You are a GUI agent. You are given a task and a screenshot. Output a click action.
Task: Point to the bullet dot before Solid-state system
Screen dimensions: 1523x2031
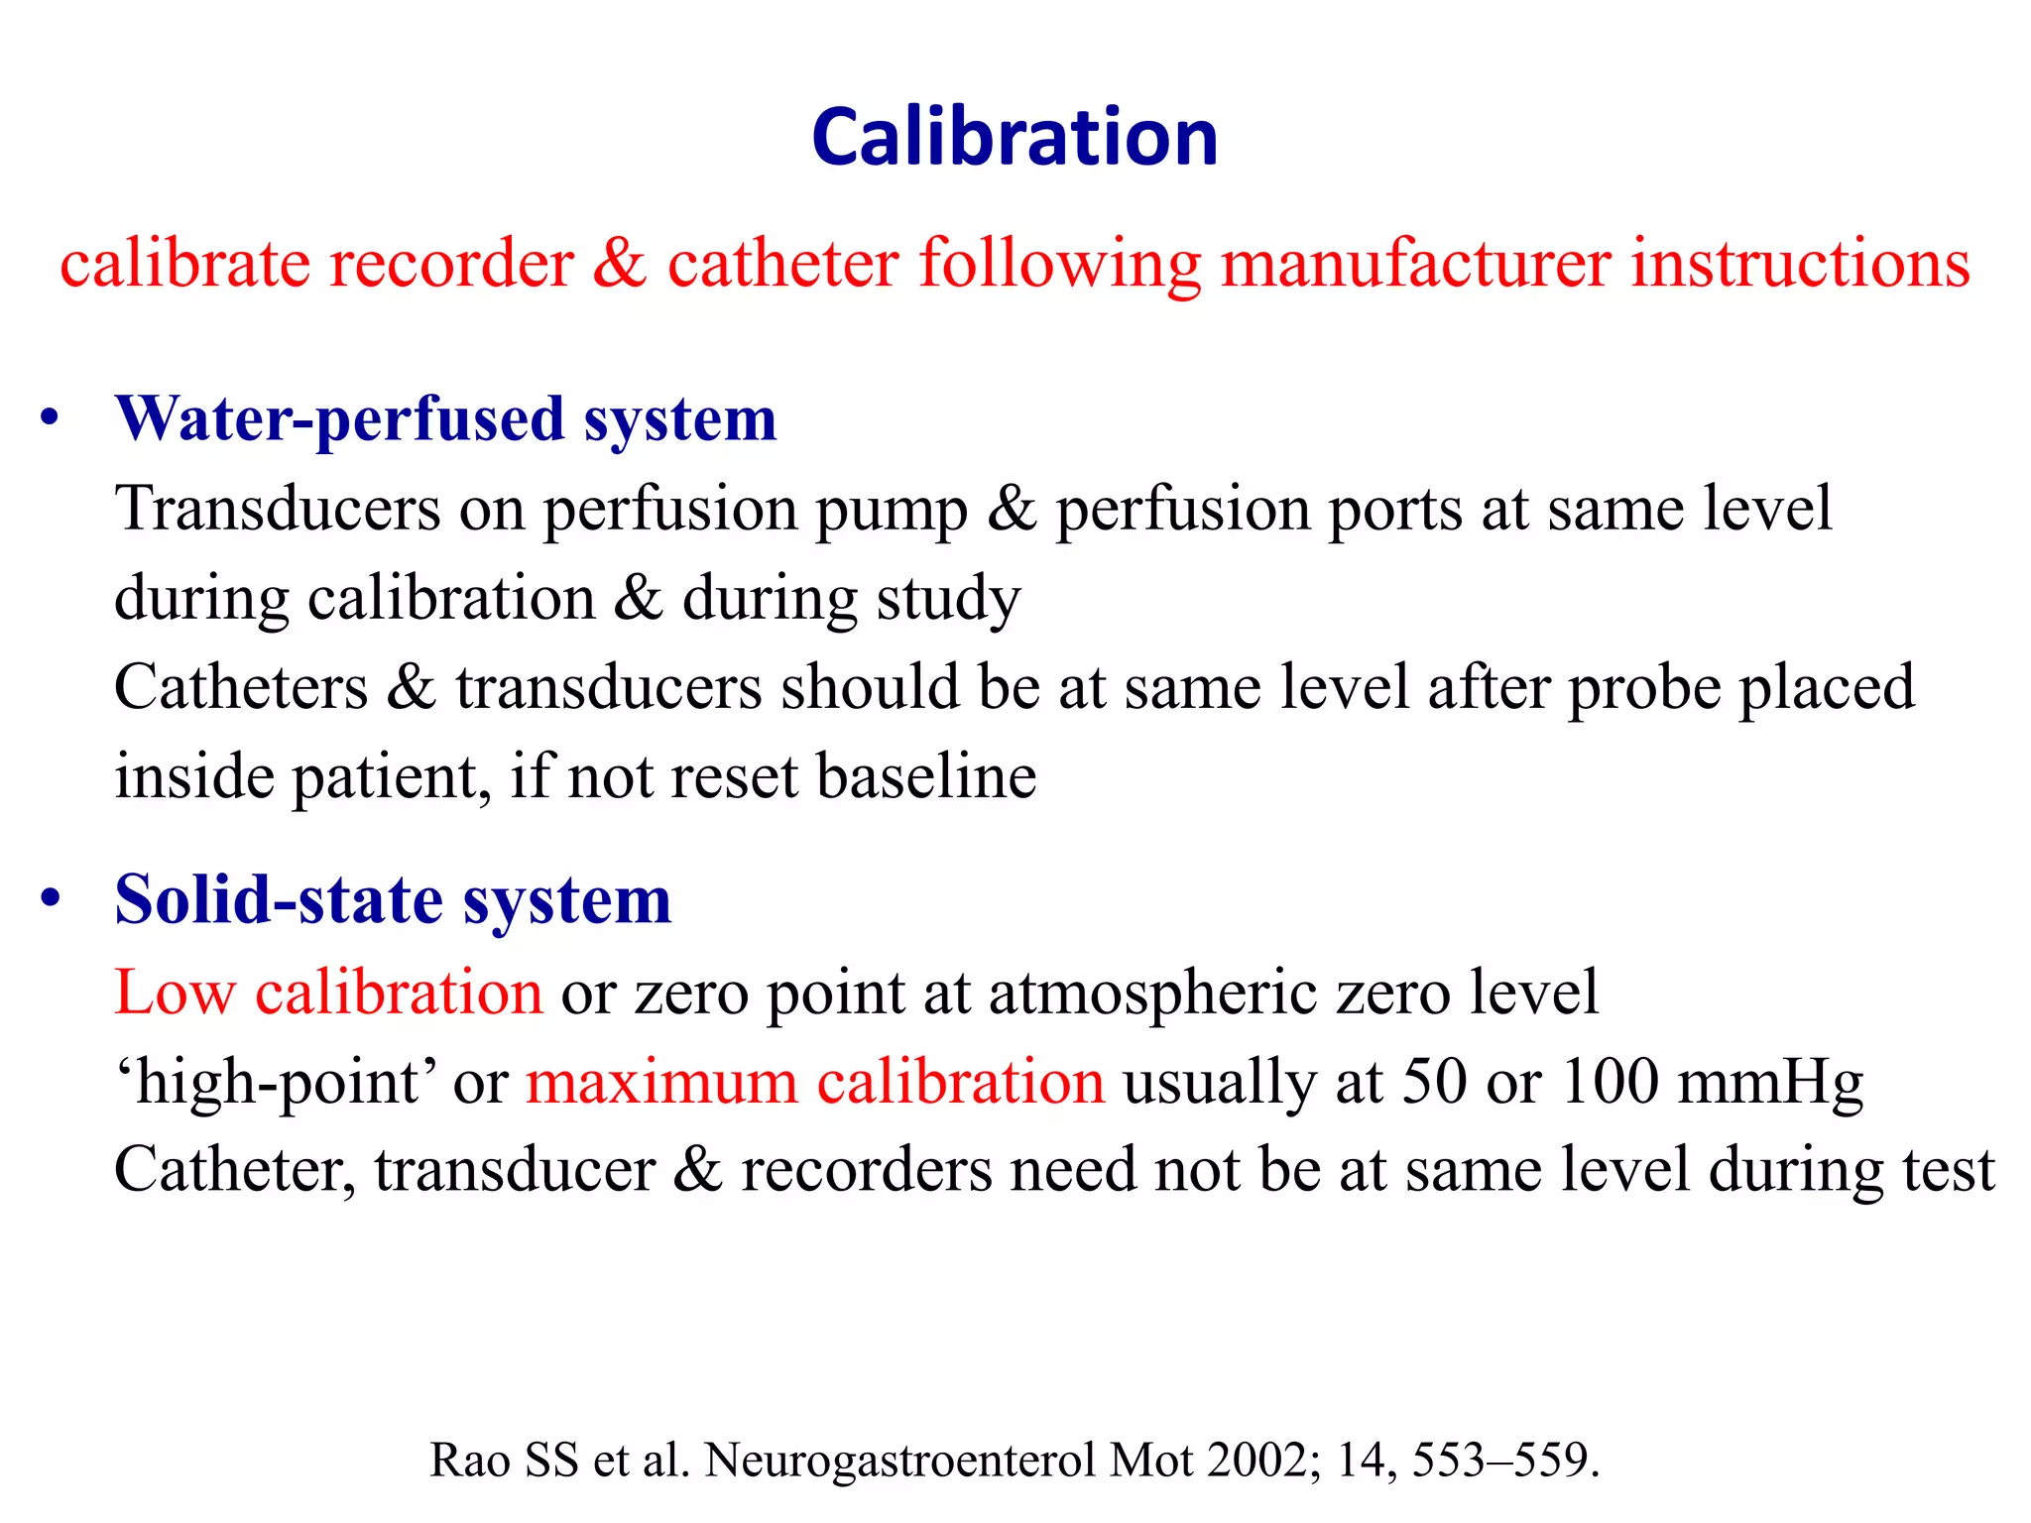tap(51, 898)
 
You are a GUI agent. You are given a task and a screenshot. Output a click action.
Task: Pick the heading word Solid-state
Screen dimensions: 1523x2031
tap(279, 900)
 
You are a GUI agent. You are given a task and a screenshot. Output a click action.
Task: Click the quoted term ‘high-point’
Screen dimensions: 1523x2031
tap(277, 1083)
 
